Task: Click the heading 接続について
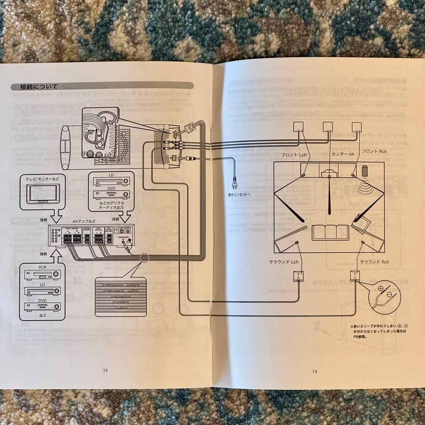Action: (39, 87)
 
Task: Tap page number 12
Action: (105, 370)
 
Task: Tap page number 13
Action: (314, 371)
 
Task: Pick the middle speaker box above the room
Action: (328, 127)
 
